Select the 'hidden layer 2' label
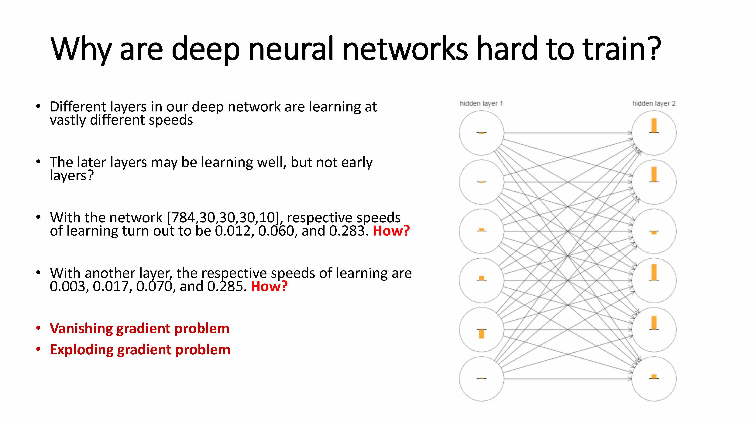tap(654, 104)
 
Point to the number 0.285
tap(227, 287)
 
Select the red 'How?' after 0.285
tap(269, 287)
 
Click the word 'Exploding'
tap(81, 350)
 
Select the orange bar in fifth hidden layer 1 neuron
tap(481, 334)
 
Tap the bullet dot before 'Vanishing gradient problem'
tap(38, 328)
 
